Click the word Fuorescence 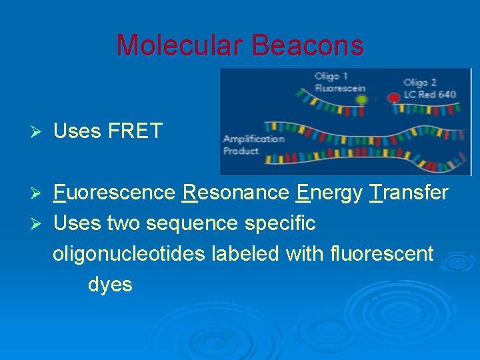pyautogui.click(x=114, y=193)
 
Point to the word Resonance pyautogui.click(x=236, y=193)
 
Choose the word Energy pyautogui.click(x=329, y=193)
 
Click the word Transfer pyautogui.click(x=409, y=193)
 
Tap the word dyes pyautogui.click(x=110, y=285)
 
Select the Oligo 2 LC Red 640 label pyautogui.click(x=429, y=88)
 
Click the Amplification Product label pyautogui.click(x=253, y=145)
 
